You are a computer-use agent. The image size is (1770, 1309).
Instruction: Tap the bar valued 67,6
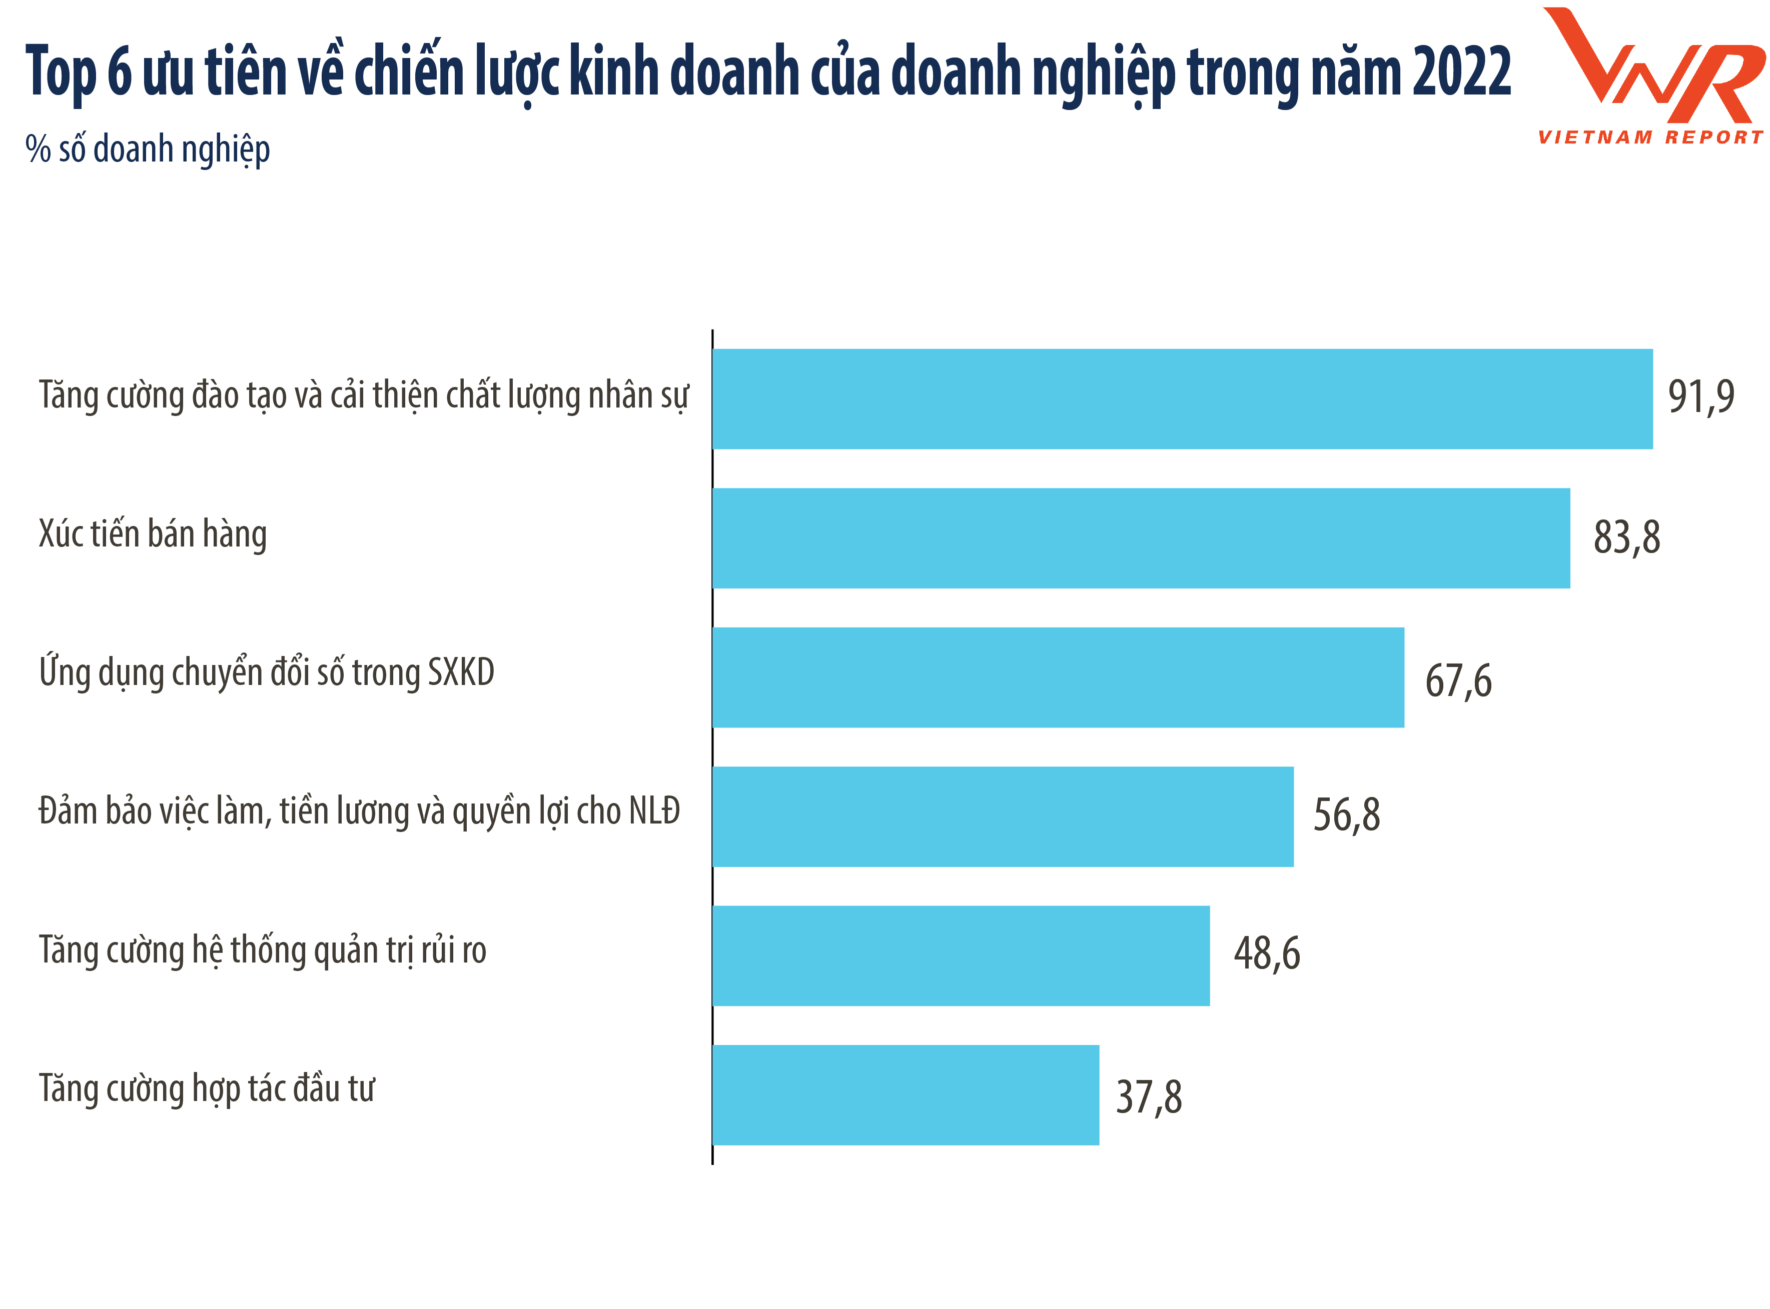pyautogui.click(x=1058, y=677)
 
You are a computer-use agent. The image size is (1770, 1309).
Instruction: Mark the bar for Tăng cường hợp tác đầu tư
pyautogui.click(x=905, y=1095)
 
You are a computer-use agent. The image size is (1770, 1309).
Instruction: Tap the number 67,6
pyautogui.click(x=1458, y=680)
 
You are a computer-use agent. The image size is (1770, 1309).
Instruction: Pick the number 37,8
pyautogui.click(x=1149, y=1097)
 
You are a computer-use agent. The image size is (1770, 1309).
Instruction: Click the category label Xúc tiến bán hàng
pyautogui.click(x=153, y=535)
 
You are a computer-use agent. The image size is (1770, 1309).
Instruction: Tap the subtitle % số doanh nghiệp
pyautogui.click(x=148, y=149)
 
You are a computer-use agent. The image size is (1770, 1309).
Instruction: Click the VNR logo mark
pyautogui.click(x=1653, y=67)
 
